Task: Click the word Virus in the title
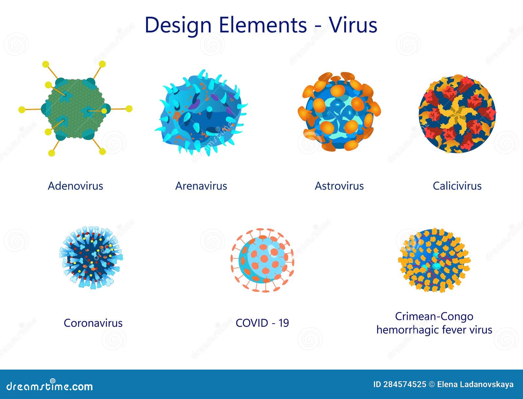353,25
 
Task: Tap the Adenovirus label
76,186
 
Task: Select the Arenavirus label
201,186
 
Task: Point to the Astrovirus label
339,186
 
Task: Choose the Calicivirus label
457,186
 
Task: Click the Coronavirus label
93,323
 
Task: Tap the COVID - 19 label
262,323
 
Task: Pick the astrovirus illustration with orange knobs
339,111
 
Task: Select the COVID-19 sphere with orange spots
262,260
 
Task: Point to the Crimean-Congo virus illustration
434,260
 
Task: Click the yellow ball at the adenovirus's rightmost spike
129,109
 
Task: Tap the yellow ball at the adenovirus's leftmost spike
22,109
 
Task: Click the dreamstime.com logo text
50,386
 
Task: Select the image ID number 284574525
404,384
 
